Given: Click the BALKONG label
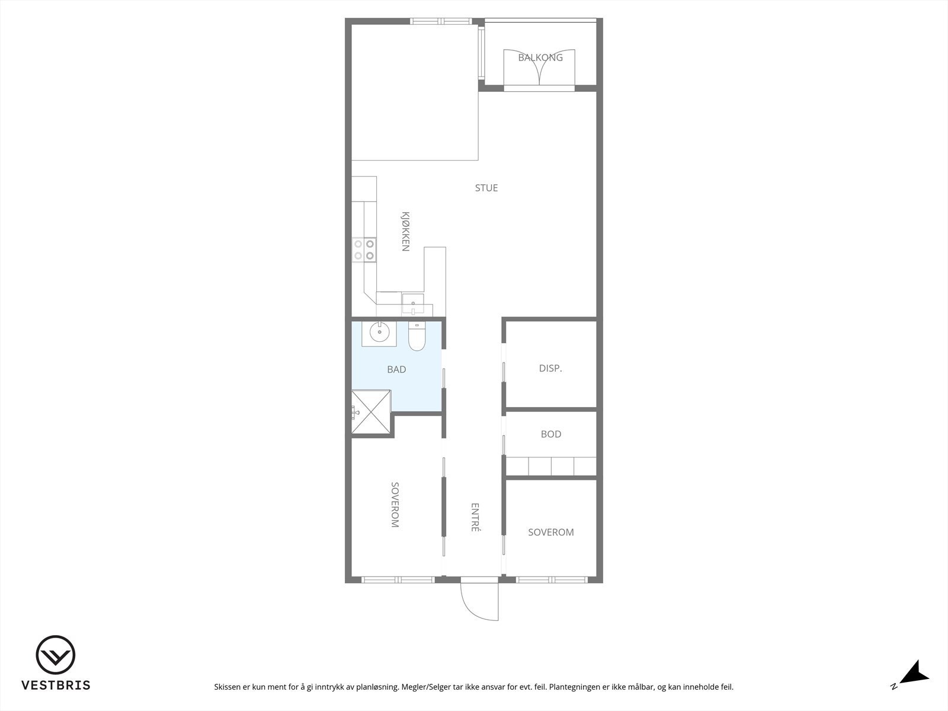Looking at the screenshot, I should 540,57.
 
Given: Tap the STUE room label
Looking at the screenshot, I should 486,188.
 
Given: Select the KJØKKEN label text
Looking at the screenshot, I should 405,231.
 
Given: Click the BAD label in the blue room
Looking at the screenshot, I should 396,369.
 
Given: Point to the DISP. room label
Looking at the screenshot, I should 550,368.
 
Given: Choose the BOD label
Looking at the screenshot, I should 550,434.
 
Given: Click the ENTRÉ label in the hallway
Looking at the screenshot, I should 475,517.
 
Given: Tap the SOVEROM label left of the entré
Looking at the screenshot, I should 395,504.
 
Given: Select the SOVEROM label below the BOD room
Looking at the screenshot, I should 550,532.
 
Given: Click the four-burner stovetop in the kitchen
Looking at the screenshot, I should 364,249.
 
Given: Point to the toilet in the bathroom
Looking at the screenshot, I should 417,336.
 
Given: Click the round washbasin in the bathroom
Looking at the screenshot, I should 379,333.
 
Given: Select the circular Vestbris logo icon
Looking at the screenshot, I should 56,655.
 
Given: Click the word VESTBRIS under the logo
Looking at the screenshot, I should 56,685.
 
